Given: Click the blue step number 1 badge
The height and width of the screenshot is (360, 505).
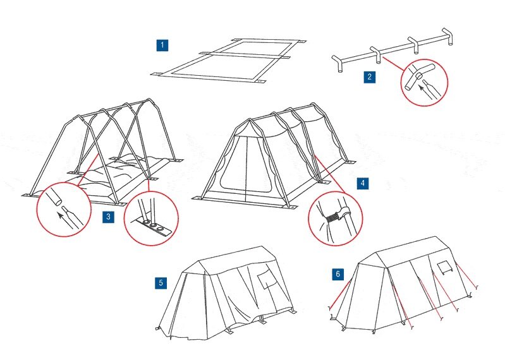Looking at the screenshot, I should [x=162, y=45].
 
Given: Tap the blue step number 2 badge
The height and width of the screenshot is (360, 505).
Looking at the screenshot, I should [x=369, y=78].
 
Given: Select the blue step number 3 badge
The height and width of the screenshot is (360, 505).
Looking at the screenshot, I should [x=109, y=217].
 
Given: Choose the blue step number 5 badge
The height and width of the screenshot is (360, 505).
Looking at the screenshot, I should [x=161, y=282].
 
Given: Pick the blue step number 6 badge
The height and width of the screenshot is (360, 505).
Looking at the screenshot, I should [x=338, y=274].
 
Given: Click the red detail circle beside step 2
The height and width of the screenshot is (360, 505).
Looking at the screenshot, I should [x=424, y=81].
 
